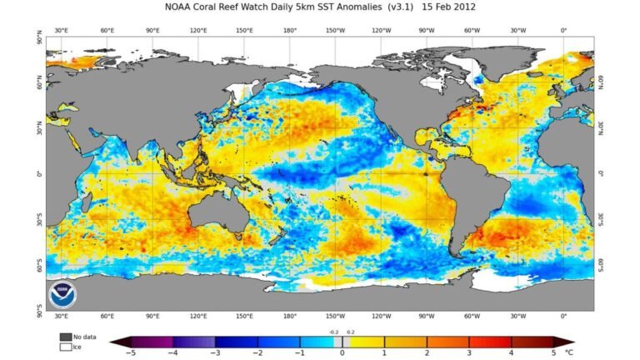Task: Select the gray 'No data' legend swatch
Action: pos(65,337)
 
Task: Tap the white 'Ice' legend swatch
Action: pos(65,346)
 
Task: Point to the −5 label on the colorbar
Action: pos(129,353)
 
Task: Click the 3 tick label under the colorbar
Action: pos(470,353)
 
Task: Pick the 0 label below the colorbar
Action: pos(342,353)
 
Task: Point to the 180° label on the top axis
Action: pos(290,31)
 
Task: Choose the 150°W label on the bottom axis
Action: pos(336,317)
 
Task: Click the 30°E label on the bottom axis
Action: pos(62,317)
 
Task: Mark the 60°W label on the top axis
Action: pos(472,31)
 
